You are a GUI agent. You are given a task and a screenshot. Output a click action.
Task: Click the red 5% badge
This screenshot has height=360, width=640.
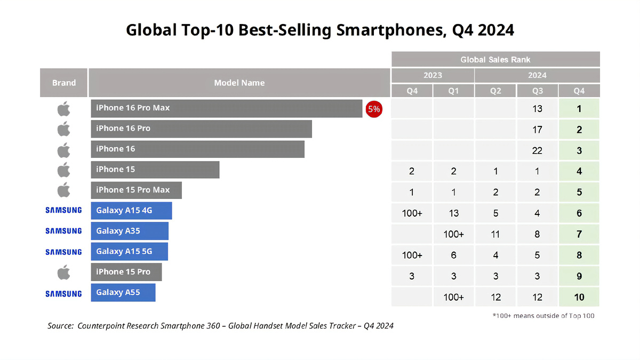tap(373, 109)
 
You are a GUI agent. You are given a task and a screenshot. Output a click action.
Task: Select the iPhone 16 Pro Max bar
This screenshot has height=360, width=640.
tap(226, 108)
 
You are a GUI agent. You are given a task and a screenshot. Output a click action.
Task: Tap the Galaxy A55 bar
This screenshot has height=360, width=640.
tap(123, 292)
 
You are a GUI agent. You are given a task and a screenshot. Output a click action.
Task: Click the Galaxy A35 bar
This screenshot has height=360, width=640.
tap(130, 231)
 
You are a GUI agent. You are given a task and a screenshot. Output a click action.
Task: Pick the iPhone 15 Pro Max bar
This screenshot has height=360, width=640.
tap(136, 190)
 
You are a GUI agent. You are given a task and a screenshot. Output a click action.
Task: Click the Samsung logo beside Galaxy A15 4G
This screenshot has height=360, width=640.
tap(63, 210)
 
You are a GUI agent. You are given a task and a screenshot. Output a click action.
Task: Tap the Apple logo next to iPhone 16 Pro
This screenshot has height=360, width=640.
tap(63, 129)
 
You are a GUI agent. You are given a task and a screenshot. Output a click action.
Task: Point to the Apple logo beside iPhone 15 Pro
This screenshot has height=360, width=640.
tap(63, 272)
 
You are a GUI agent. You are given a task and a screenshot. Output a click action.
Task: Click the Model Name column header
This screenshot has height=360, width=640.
tap(239, 83)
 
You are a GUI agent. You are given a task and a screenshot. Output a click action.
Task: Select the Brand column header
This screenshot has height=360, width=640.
tap(64, 83)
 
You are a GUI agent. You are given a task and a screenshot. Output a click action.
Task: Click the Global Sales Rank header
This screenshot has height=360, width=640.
tap(495, 59)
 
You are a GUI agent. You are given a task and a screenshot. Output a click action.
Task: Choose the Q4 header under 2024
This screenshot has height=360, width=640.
tap(579, 91)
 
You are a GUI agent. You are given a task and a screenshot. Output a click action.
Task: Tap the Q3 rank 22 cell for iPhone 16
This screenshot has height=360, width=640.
tap(537, 150)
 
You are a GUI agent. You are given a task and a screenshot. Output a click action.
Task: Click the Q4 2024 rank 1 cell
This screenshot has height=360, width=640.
tap(579, 109)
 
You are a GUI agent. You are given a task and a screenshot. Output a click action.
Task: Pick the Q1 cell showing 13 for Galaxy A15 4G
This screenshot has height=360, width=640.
tap(453, 213)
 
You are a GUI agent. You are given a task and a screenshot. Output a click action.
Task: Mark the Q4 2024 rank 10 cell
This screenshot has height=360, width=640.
tap(579, 297)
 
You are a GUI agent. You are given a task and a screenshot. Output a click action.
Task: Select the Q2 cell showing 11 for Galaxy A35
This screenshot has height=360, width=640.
tap(495, 234)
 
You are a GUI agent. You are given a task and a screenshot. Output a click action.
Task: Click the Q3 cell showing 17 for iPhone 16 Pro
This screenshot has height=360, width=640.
tap(537, 130)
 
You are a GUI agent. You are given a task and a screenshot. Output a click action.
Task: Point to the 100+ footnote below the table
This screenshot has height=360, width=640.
tap(543, 316)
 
